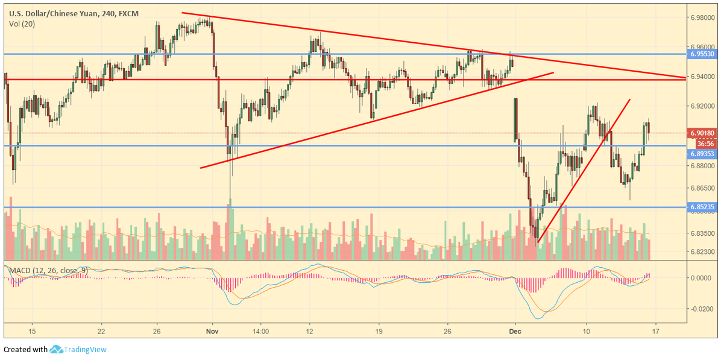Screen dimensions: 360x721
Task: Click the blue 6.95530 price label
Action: (x=703, y=54)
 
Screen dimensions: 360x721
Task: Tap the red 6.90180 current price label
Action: (x=703, y=133)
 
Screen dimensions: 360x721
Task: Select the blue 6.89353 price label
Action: (x=703, y=154)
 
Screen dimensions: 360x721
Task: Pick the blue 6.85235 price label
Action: (x=703, y=207)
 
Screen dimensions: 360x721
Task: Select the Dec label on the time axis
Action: (x=514, y=331)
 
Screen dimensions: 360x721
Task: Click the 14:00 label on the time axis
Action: (x=260, y=331)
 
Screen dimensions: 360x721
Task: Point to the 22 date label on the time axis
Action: (x=101, y=331)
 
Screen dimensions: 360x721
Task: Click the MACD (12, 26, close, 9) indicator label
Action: (x=48, y=271)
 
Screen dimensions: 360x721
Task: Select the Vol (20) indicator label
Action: (x=22, y=24)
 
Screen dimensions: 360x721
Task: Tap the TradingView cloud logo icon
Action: (x=57, y=349)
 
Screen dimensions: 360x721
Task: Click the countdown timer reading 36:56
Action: (x=705, y=144)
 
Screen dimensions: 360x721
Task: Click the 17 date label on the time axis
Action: (x=655, y=331)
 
